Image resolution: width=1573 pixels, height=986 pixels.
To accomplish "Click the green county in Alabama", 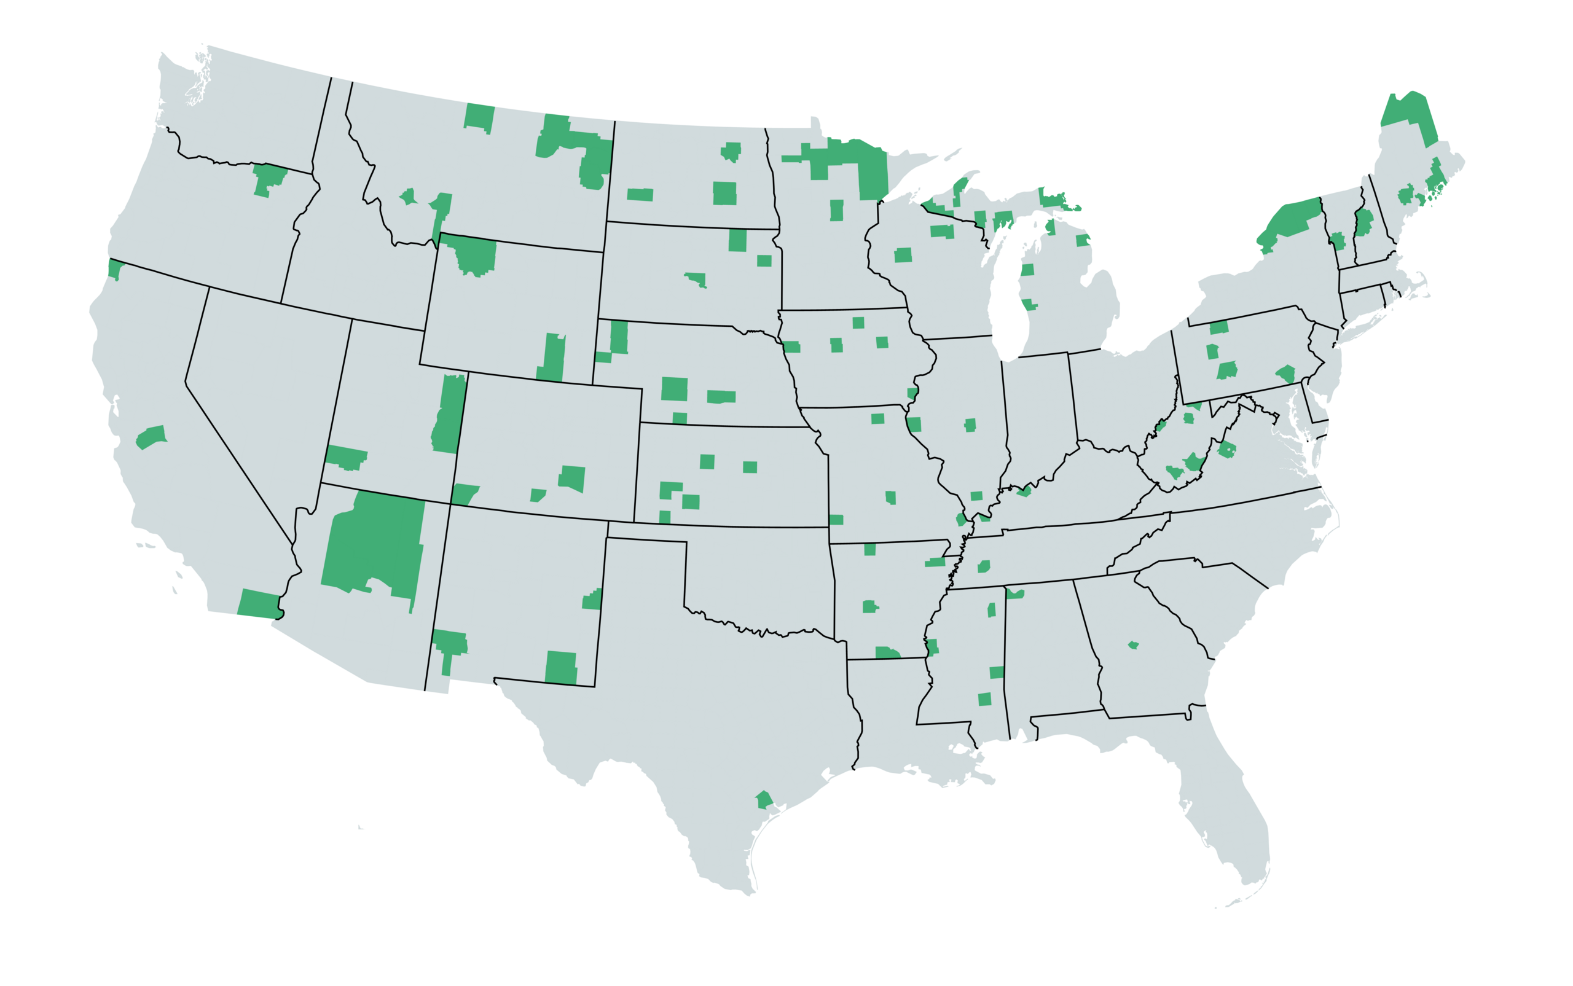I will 1014,593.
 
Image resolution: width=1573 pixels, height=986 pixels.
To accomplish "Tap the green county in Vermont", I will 1338,241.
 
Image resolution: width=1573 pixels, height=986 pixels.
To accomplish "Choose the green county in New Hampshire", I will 1363,222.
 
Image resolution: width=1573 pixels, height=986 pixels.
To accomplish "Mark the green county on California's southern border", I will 259,604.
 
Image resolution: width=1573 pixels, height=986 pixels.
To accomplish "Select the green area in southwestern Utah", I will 346,457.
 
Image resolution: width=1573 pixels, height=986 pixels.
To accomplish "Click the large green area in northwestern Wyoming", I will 476,255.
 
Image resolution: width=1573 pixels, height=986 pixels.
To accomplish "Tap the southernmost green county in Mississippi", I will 985,700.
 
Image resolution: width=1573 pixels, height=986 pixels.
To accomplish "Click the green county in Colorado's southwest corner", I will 464,494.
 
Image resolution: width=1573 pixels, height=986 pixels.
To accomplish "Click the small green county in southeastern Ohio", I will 1160,426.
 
